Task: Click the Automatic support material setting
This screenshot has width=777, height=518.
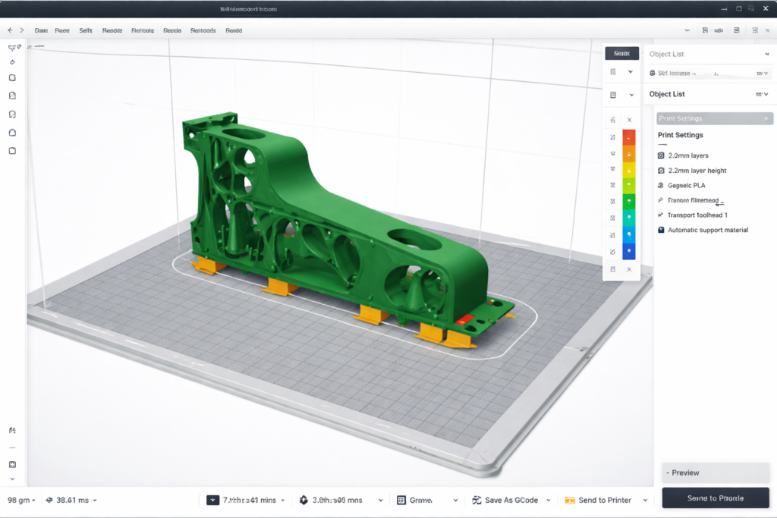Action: (x=707, y=230)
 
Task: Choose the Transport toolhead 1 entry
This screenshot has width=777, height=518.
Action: (x=697, y=215)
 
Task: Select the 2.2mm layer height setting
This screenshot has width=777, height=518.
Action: (x=697, y=171)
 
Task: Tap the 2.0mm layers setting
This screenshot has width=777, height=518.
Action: (x=687, y=155)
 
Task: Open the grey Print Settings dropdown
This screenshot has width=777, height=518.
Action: (x=714, y=118)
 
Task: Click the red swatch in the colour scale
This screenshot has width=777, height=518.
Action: (x=628, y=137)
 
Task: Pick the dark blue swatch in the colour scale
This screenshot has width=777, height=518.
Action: (x=628, y=252)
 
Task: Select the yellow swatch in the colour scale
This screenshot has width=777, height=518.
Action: (x=628, y=170)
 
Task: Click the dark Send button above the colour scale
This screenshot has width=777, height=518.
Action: (x=621, y=53)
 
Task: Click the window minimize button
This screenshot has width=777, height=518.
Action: (x=721, y=8)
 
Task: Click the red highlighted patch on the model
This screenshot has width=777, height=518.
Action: (x=465, y=319)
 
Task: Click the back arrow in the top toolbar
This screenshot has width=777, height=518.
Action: (x=10, y=30)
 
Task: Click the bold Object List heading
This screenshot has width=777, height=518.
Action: (x=667, y=94)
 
